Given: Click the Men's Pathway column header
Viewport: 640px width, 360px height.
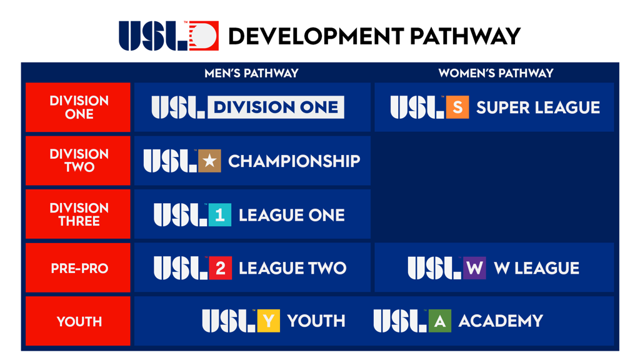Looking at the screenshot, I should point(251,74).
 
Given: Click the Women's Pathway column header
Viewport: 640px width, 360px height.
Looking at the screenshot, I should point(496,74).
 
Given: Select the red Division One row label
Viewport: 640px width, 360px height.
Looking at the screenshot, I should point(79,107).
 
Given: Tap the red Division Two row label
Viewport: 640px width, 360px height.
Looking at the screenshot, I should point(79,161).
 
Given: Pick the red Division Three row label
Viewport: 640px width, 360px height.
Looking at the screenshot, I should point(79,214).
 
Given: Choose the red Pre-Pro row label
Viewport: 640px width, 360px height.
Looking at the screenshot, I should point(79,268).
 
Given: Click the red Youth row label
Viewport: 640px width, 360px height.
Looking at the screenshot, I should point(79,321).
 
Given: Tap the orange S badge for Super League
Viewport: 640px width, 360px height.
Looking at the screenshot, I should point(457,107).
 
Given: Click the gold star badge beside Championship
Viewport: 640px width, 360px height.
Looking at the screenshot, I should point(209,161).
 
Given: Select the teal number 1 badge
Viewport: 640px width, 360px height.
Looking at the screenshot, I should point(219,215).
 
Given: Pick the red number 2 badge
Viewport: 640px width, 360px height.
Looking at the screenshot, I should point(220,268).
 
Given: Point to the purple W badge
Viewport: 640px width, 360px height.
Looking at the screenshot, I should point(474,268).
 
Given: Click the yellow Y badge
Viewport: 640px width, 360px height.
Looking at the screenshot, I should point(268,321).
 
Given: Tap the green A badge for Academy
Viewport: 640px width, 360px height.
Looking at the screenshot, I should point(439,321).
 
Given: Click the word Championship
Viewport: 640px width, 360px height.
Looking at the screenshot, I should point(294,161).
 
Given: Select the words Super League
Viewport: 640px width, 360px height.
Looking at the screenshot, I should point(537,107).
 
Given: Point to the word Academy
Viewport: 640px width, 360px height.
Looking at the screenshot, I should point(500,321).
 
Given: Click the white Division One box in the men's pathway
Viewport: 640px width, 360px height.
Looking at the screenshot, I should point(276,107).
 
